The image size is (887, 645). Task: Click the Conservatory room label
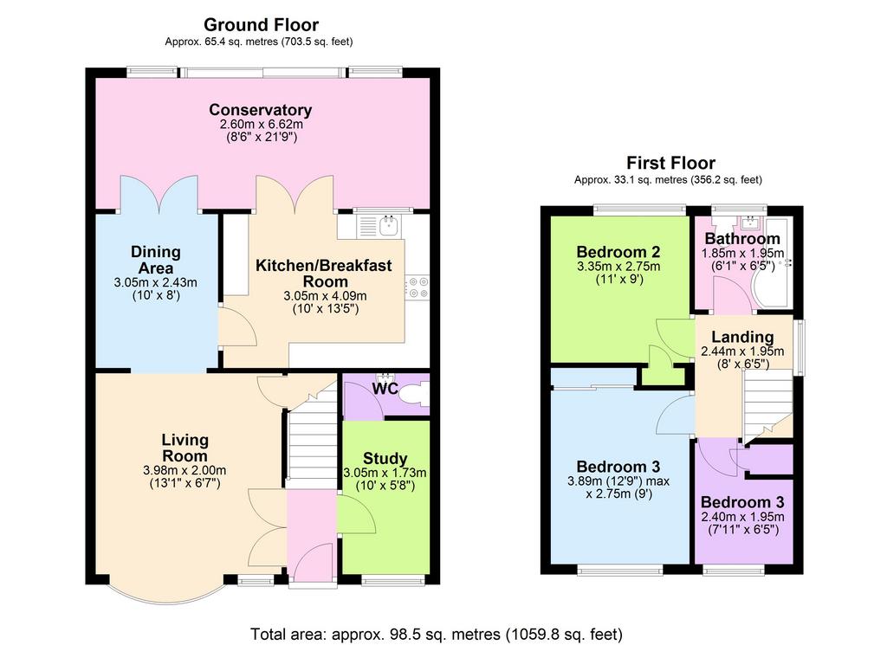tap(260, 110)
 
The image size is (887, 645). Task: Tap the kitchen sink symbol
tap(389, 226)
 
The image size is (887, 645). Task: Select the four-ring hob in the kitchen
tap(418, 287)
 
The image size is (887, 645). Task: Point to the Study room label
tap(385, 459)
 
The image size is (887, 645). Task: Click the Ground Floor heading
tap(261, 25)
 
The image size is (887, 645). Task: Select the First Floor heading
tap(670, 163)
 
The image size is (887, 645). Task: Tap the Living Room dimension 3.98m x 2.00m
tap(185, 470)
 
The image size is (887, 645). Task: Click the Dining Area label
tap(156, 260)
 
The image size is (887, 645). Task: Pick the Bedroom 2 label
tap(618, 252)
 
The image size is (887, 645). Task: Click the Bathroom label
tap(742, 239)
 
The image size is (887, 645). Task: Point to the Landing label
tap(742, 337)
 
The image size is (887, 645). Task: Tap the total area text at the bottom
tap(437, 635)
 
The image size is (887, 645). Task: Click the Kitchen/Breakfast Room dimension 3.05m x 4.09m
tap(325, 295)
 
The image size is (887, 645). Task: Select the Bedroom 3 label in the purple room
tap(742, 502)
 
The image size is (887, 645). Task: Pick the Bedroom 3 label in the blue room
tap(618, 467)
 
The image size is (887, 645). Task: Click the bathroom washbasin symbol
tap(751, 223)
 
